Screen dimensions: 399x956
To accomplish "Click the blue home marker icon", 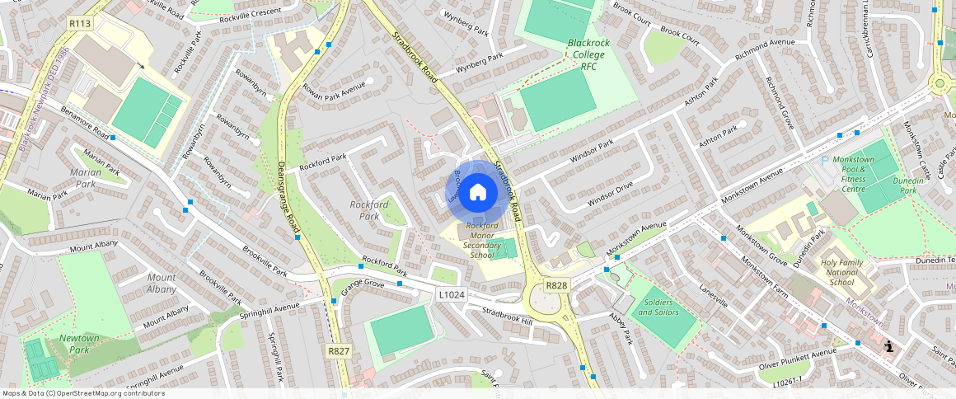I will [x=477, y=193].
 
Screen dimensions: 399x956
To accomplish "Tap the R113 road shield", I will [x=80, y=24].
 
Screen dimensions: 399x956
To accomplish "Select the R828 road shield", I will [x=556, y=285].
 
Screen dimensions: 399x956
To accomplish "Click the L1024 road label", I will [x=452, y=294].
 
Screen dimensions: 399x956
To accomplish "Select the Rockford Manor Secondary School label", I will [x=481, y=240].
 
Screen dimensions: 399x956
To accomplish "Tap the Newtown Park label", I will [x=79, y=344].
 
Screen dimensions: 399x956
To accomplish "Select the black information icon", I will [x=888, y=347].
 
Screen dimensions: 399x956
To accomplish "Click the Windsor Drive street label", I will [x=610, y=195].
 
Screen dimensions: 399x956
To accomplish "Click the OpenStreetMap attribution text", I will [x=83, y=393].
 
